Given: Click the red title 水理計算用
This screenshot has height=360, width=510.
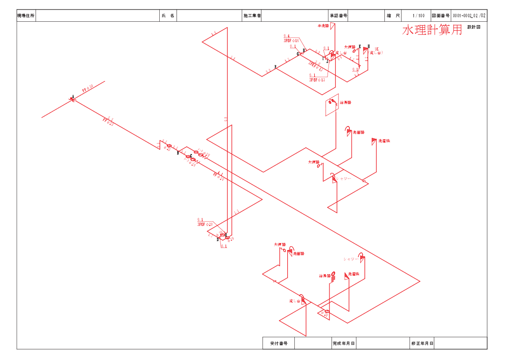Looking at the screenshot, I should [x=432, y=30].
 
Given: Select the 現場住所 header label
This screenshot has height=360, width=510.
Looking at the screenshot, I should [x=26, y=16].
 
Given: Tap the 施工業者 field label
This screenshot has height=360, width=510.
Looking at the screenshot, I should [x=252, y=16].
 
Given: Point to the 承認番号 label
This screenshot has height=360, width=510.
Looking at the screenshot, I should [x=338, y=16].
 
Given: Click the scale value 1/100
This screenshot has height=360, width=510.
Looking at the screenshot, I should [x=419, y=16].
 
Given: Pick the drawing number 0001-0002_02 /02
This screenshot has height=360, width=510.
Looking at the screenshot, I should [x=469, y=16].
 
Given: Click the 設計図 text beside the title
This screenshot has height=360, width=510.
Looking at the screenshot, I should [x=474, y=27].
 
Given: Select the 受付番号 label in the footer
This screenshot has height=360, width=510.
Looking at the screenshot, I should [x=279, y=343].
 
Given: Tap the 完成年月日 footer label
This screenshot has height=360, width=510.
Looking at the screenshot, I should [x=344, y=343].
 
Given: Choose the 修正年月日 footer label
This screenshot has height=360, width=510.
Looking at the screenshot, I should [x=422, y=343].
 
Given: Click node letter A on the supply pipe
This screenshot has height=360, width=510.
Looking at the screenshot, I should [x=73, y=96].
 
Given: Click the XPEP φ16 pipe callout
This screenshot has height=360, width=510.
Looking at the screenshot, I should [x=291, y=41].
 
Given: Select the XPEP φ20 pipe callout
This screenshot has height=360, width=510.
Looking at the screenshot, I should [x=205, y=224].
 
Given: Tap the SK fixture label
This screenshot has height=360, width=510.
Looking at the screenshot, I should [x=377, y=49].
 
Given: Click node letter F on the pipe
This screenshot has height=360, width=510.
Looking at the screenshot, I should [x=275, y=67].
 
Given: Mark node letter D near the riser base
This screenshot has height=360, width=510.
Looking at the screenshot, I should [x=218, y=240].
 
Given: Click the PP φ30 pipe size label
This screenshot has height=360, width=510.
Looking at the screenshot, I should [x=88, y=89].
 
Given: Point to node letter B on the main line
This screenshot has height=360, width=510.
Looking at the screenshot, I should [x=178, y=153].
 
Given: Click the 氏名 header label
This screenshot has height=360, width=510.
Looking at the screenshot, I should [x=168, y=16].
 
